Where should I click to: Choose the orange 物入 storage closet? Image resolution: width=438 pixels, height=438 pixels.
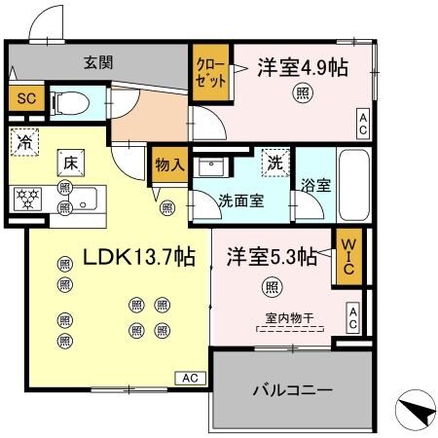point(168,164)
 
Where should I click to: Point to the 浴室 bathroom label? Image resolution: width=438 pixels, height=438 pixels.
point(315,186)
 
